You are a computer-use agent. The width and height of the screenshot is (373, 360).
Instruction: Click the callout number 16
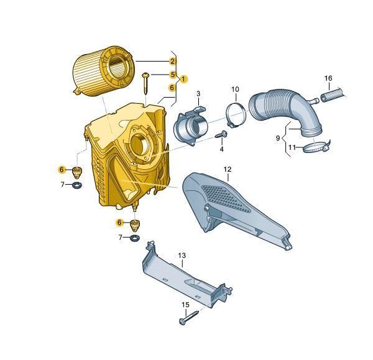(x=328, y=78)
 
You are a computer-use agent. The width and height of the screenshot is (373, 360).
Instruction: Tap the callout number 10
(x=235, y=90)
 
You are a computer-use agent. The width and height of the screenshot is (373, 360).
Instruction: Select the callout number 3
(x=198, y=94)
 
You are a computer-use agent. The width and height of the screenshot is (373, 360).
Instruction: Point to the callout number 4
(x=222, y=149)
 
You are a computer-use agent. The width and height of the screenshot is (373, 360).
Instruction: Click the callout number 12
(x=228, y=169)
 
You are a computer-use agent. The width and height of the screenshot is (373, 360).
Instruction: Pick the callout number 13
(x=182, y=256)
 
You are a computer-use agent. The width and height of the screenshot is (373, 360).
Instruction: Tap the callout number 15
(x=185, y=305)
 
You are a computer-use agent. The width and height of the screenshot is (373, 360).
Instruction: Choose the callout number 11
(x=292, y=147)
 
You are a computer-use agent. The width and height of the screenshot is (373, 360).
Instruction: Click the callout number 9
(x=278, y=138)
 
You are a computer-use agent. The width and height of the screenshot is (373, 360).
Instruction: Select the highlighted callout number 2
(x=173, y=62)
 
